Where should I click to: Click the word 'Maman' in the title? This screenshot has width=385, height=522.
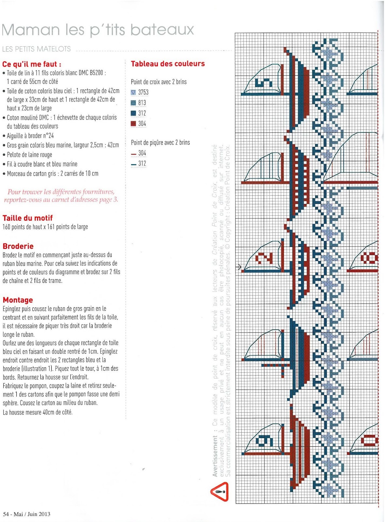pos(31,30)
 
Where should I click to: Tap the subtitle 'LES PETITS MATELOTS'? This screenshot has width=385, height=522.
pos(37,49)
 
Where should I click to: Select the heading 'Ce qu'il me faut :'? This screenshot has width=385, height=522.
pos(32,64)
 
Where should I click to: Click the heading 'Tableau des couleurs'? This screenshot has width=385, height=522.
pos(168,64)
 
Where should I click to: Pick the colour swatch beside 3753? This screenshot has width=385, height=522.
pos(133,92)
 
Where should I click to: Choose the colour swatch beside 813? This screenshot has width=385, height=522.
pos(133,103)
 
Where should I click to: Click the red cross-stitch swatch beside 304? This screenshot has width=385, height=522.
pos(133,124)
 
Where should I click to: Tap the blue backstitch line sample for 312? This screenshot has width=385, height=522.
pos(133,164)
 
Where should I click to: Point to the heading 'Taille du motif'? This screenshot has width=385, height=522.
pos(27,218)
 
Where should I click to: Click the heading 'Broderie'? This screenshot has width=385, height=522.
pos(18,246)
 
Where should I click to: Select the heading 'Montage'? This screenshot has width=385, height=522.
pos(18,300)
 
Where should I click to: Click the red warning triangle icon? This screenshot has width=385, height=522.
pos(220,491)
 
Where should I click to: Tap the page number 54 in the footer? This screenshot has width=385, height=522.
pos(6,514)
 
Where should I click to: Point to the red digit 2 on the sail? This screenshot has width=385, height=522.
pos(264,258)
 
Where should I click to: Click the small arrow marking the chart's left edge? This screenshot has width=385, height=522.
pos(239,267)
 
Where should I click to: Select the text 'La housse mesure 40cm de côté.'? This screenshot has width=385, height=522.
pos(38,412)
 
